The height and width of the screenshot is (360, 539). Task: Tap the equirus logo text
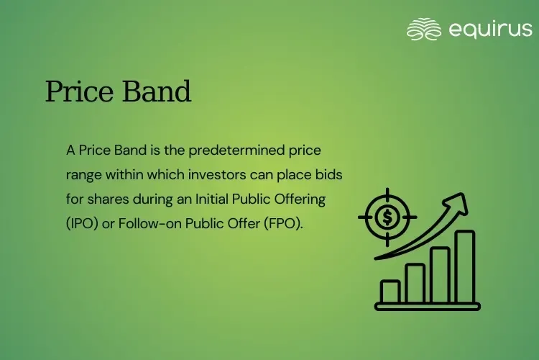490,29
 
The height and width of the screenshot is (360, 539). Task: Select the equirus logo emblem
423,30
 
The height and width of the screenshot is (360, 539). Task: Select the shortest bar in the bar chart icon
390,292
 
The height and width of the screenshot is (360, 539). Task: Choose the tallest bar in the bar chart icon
465,266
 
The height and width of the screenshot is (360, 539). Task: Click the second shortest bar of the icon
415,283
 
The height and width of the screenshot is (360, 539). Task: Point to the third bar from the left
440,274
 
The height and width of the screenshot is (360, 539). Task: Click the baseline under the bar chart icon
428,306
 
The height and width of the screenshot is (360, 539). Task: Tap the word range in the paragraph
82,174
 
